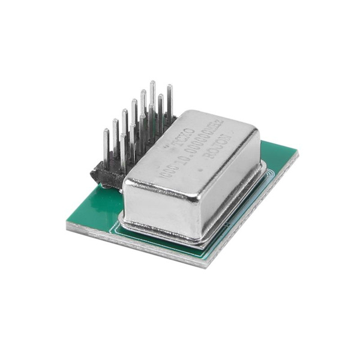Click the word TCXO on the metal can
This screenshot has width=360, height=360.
coord(180,137)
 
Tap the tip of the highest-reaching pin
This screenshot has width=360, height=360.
coord(152,85)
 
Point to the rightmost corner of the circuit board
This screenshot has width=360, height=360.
coord(298,154)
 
